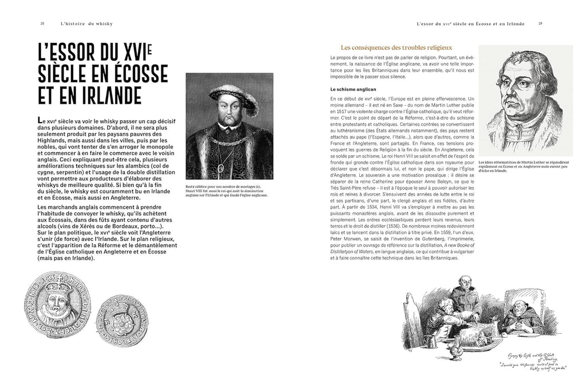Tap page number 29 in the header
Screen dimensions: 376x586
[x=541, y=23]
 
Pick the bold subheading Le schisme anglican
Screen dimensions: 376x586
[x=353, y=90]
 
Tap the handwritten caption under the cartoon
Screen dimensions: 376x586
[x=529, y=358]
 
